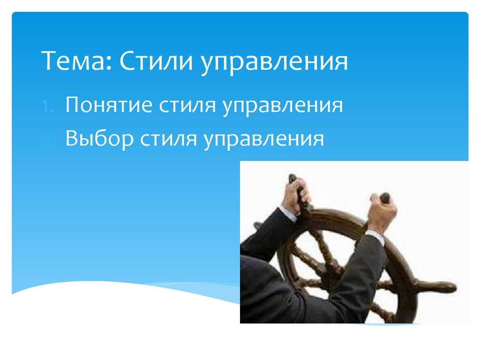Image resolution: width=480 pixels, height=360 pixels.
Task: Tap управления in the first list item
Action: click(x=283, y=106)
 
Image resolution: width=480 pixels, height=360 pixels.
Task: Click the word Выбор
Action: click(x=99, y=139)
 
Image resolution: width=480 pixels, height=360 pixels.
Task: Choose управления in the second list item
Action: click(x=263, y=140)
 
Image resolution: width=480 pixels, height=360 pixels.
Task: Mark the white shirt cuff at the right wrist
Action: click(x=375, y=235)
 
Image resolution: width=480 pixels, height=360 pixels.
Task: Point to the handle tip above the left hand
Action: click(x=292, y=178)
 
